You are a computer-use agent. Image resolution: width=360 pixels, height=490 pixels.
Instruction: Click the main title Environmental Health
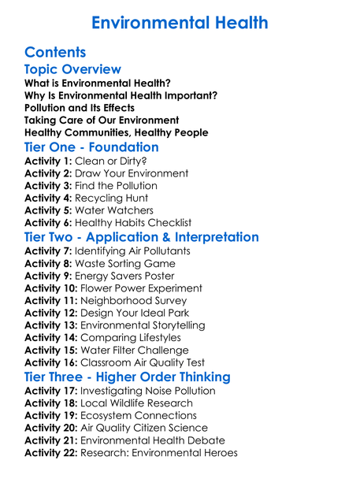180,21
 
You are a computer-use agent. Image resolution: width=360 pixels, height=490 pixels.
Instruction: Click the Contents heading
55,53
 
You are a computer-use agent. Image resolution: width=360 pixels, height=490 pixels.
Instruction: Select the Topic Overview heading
72,70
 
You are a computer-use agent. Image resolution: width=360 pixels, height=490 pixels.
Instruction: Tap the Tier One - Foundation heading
91,147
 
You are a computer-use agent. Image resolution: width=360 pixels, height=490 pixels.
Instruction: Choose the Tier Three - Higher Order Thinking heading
128,377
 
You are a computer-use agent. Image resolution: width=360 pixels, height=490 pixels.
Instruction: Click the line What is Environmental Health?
98,83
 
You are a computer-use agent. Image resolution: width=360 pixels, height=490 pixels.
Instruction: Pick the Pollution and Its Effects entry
80,108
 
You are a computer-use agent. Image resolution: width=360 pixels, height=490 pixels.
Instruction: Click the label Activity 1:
48,161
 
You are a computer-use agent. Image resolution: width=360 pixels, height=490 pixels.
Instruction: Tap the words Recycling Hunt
111,198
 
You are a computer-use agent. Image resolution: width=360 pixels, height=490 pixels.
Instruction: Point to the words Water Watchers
113,210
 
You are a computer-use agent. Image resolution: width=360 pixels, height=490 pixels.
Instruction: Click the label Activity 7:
48,251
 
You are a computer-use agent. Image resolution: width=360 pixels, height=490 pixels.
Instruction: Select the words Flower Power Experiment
141,288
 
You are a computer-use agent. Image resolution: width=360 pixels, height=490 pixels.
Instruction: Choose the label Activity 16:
51,362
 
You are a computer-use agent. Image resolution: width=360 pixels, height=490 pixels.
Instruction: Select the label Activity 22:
51,452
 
